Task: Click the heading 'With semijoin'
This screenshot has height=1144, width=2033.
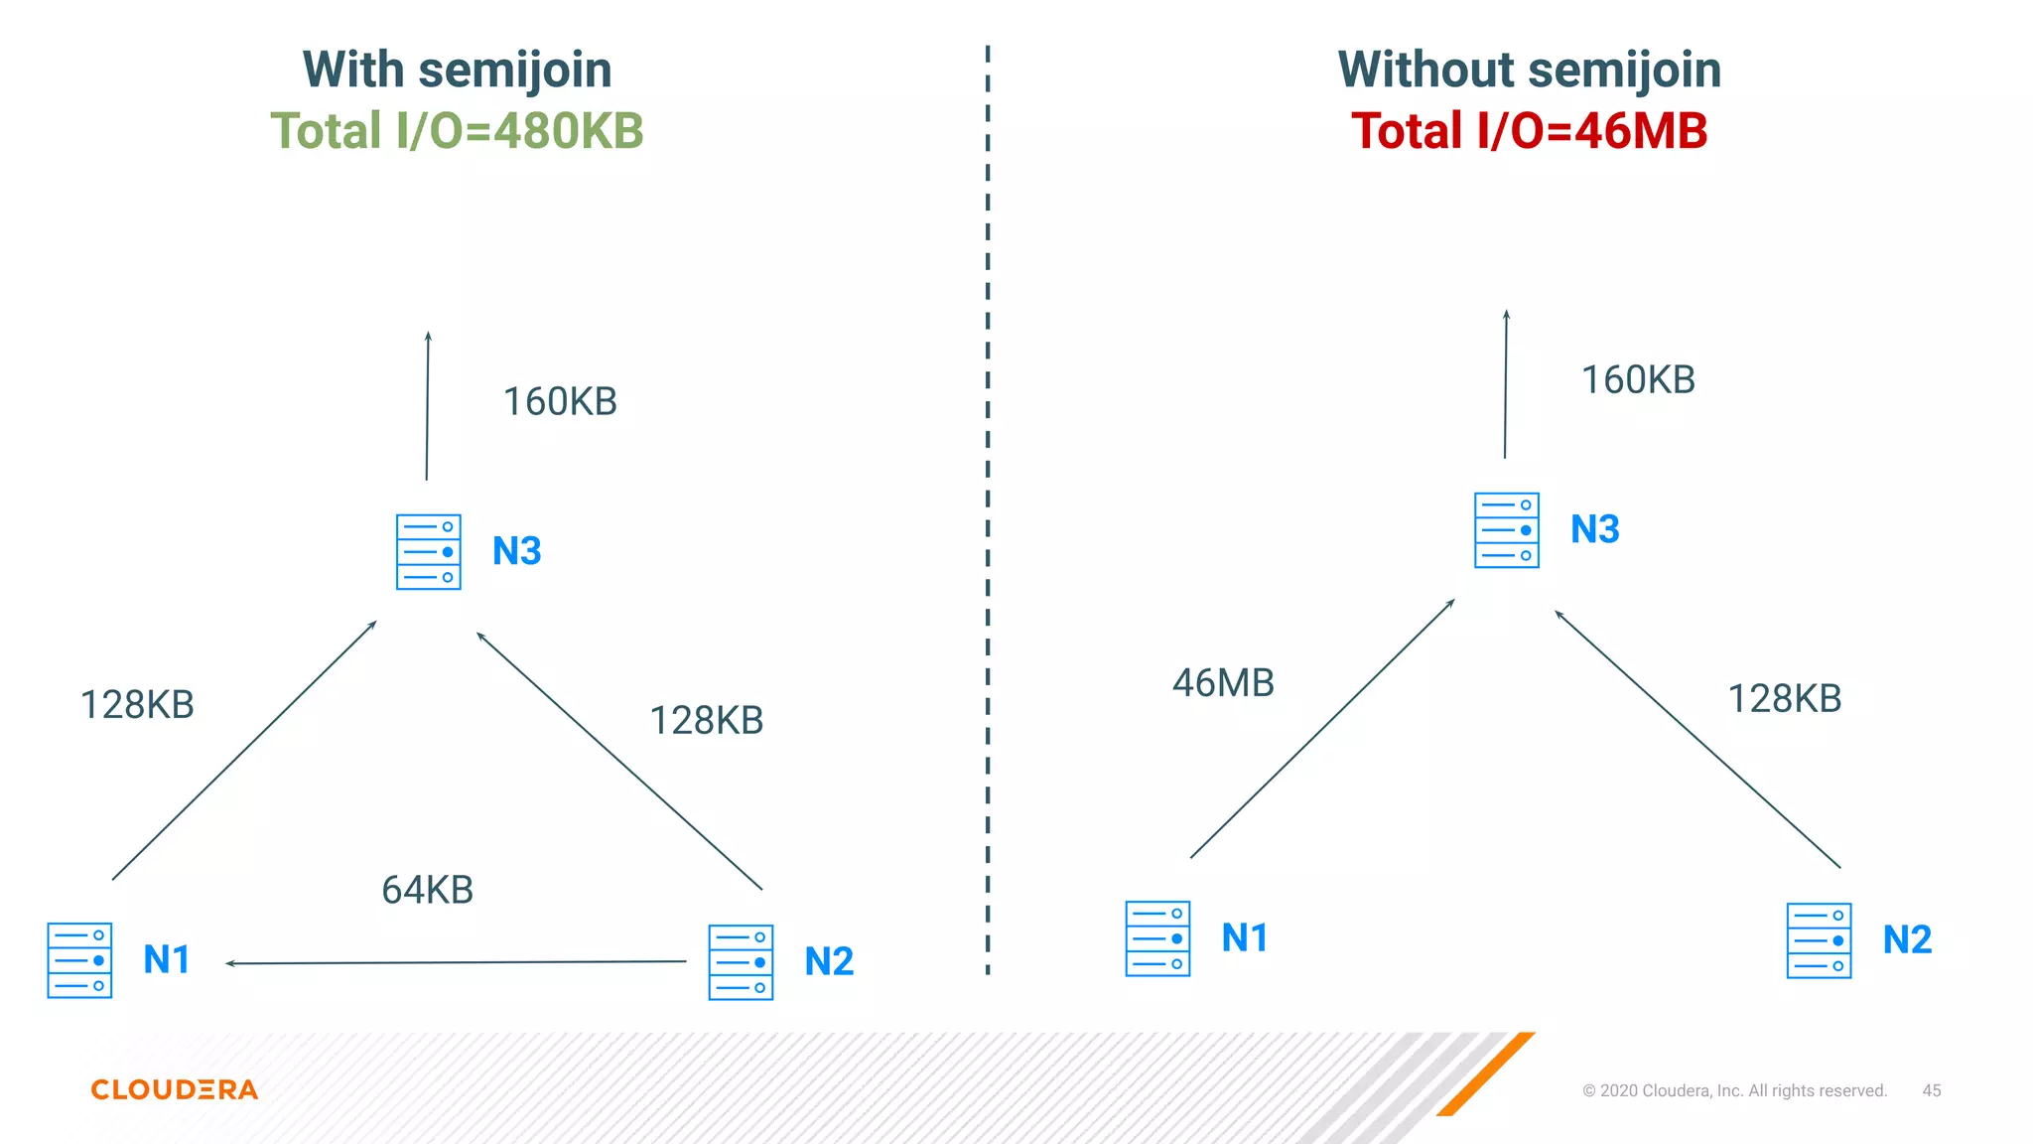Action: click(457, 70)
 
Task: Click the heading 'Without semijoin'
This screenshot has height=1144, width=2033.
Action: click(1529, 70)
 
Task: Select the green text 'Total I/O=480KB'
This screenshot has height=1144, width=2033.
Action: click(457, 131)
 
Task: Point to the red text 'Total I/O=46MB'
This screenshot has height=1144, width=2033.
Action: click(1529, 131)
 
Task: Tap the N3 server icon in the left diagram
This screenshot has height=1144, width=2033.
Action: click(428, 551)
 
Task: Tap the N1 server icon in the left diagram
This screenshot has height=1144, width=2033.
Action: click(79, 959)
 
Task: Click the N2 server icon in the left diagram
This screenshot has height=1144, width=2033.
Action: click(741, 961)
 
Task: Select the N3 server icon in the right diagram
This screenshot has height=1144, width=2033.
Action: click(1506, 529)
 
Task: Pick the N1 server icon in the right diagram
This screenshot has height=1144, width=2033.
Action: click(1157, 938)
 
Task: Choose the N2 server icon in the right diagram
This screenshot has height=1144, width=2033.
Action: click(1819, 939)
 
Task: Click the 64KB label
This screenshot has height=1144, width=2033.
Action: click(428, 890)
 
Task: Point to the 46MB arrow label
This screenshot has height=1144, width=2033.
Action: click(1223, 683)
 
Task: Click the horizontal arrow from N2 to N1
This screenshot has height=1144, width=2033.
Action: click(457, 962)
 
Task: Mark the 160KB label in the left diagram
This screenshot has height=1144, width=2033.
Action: click(560, 402)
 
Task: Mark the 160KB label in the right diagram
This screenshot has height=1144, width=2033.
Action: click(1638, 380)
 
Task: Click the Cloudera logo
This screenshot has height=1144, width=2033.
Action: click(175, 1089)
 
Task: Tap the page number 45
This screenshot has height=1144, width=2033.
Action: click(1931, 1090)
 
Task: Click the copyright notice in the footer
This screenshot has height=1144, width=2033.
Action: click(1734, 1090)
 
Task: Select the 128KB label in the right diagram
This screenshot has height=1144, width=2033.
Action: click(1785, 699)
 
